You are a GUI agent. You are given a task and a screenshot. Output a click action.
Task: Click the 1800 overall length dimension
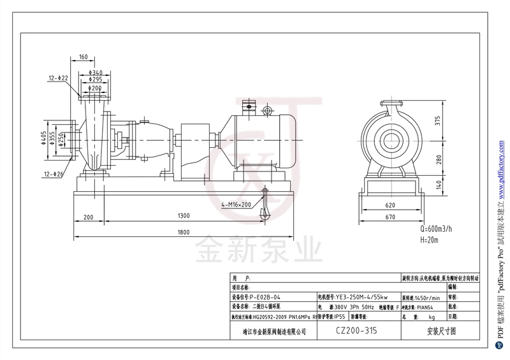[x=184, y=232]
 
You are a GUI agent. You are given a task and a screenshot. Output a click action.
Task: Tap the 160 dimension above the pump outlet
[x=84, y=57]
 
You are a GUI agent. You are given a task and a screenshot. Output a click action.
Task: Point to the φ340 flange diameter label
[x=96, y=72]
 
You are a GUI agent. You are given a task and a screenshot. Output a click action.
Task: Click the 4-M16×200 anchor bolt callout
[x=237, y=205]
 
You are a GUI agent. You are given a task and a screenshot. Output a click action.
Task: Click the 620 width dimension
[x=391, y=205]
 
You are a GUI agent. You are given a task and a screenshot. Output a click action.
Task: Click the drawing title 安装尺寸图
[x=441, y=331]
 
